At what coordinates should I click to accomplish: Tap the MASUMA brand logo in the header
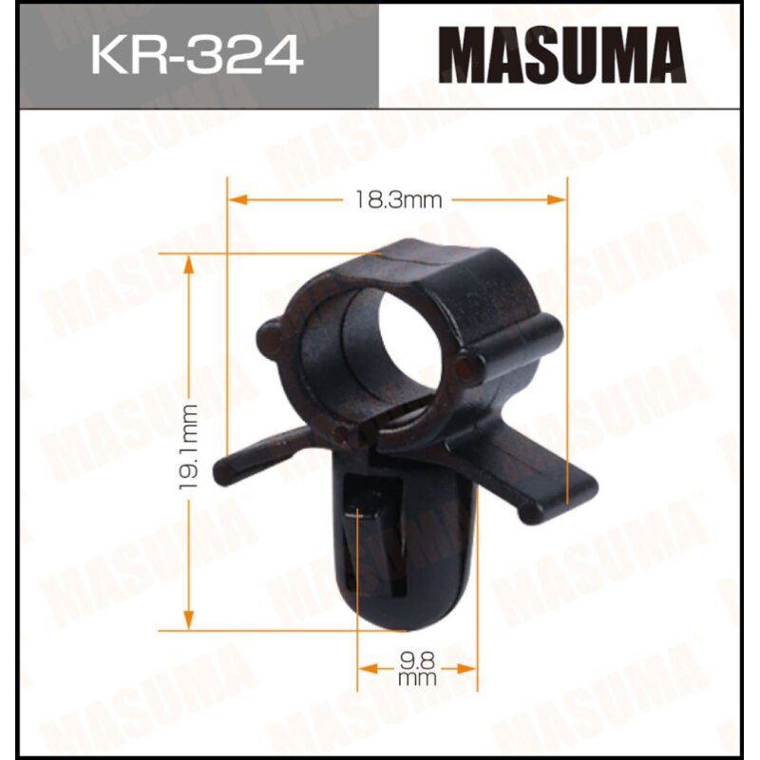567,54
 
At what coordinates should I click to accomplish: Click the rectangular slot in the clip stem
361,532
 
